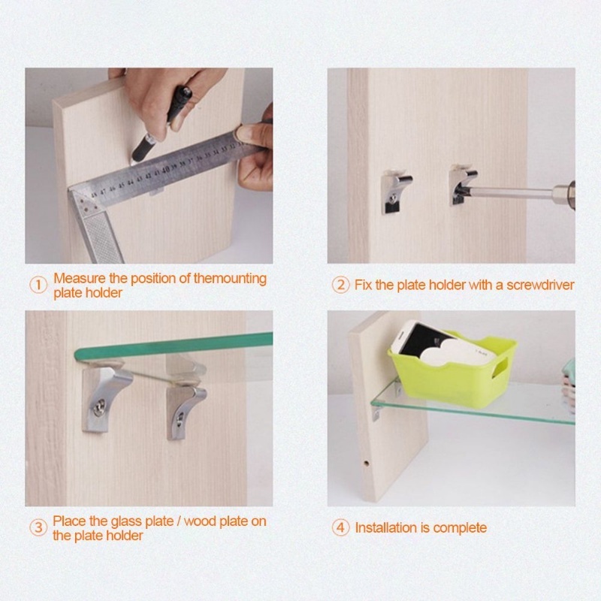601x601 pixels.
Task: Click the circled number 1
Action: pos(38,285)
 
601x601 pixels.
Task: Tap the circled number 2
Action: pos(341,285)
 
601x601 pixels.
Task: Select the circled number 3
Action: pos(38,528)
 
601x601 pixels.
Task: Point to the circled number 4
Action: pos(341,528)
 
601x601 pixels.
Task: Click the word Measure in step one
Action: pos(80,278)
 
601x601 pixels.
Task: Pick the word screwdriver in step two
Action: pos(540,285)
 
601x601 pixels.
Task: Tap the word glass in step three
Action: pos(126,521)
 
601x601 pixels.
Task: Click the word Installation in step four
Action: pos(386,528)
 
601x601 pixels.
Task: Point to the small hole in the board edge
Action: pos(366,463)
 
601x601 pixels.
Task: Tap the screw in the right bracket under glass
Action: pos(180,420)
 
